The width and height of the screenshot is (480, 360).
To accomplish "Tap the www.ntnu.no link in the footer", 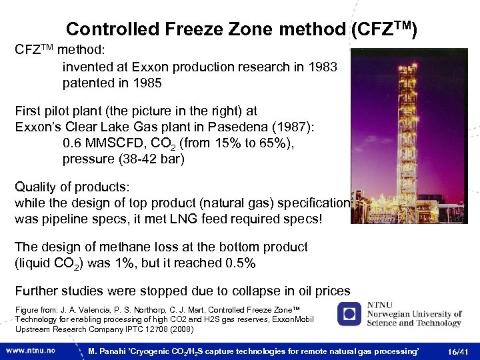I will coord(32,349).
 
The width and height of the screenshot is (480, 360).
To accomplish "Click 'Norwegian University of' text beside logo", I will coord(414,314).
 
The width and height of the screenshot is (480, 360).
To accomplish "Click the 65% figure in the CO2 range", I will coord(260,143).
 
